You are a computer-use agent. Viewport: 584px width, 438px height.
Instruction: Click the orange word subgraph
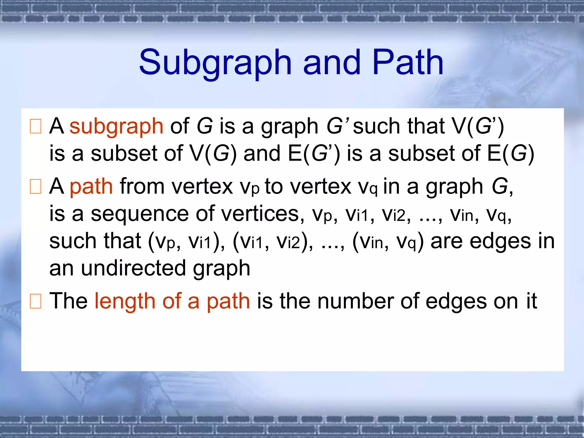pos(116,127)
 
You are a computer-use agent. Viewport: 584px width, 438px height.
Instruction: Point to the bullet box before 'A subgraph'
pos(36,126)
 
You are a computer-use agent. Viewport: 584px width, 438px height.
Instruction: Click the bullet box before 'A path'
pos(36,186)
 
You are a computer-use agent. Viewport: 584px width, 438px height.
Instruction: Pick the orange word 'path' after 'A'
pos(91,187)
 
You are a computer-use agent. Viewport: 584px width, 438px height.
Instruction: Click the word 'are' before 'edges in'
pos(447,241)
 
